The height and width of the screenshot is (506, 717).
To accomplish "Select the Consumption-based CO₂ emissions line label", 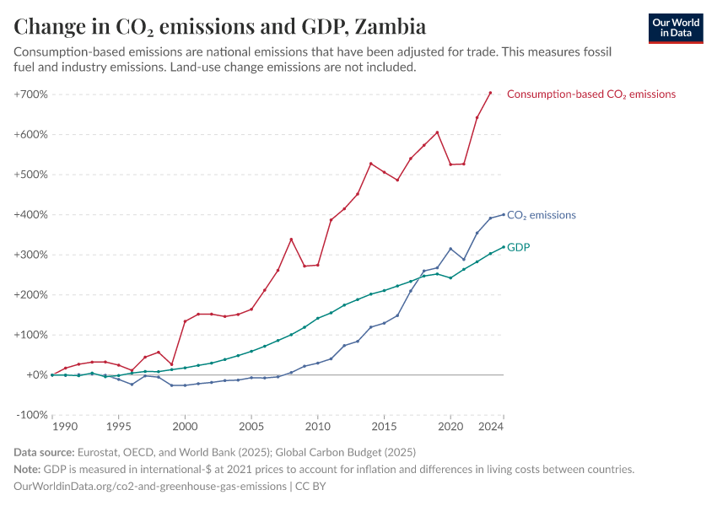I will tap(590, 94).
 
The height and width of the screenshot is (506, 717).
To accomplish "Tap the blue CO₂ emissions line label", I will tap(542, 215).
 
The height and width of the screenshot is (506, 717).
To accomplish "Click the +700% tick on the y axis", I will tap(30, 94).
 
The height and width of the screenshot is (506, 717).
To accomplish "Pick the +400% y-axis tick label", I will tap(30, 214).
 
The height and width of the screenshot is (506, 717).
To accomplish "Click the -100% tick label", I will tap(32, 415).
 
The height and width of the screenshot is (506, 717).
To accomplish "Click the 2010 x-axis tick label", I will tap(317, 428).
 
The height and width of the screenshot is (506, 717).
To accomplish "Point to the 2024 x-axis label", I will tap(490, 428).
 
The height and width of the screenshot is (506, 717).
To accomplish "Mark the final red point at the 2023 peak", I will tap(490, 93).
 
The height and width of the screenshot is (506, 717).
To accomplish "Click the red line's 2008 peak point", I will tap(291, 240).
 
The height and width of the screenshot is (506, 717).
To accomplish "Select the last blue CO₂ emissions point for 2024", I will tap(504, 214).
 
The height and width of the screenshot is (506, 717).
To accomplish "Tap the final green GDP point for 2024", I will tap(504, 247).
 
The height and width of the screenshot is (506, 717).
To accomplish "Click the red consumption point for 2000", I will tap(185, 321).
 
